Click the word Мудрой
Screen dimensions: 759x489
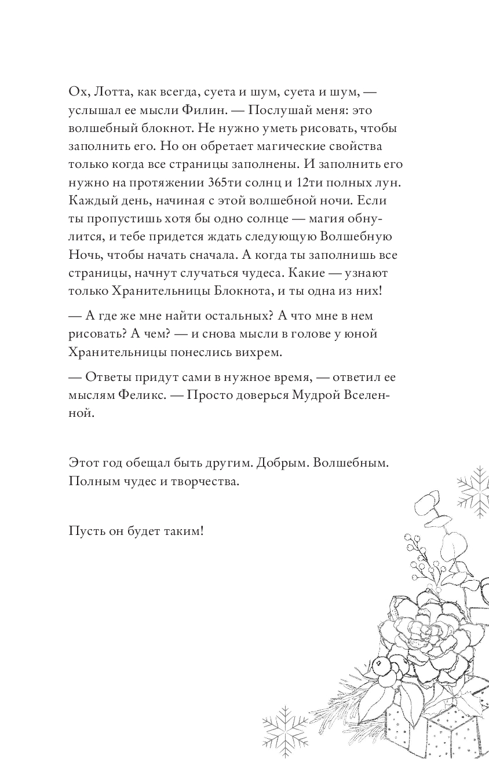[x=303, y=395]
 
